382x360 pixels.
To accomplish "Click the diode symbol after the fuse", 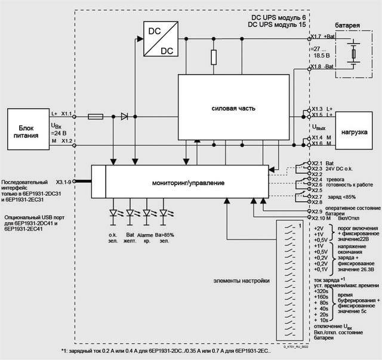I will [124, 116].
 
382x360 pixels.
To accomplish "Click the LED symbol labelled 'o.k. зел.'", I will [113, 213].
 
